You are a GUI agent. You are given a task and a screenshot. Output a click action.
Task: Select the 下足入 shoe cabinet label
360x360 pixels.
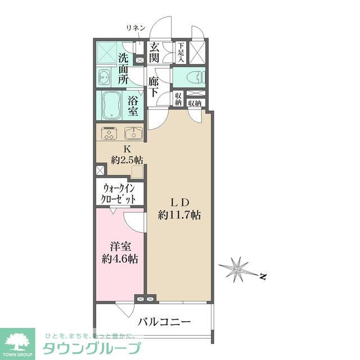pyautogui.click(x=181, y=52)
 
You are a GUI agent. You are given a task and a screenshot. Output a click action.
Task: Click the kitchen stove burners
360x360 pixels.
pyautogui.click(x=109, y=134)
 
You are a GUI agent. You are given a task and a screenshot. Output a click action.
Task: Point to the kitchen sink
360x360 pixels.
pyautogui.click(x=133, y=134)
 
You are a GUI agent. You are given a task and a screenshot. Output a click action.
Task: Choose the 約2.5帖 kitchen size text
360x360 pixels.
pyautogui.click(x=127, y=160)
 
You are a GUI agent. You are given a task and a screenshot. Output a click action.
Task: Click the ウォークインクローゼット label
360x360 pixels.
pyautogui.click(x=119, y=193)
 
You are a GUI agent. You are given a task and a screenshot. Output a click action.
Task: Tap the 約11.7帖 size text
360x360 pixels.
pyautogui.click(x=179, y=214)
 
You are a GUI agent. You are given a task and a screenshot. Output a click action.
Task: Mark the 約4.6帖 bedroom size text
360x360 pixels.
pyautogui.click(x=119, y=260)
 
